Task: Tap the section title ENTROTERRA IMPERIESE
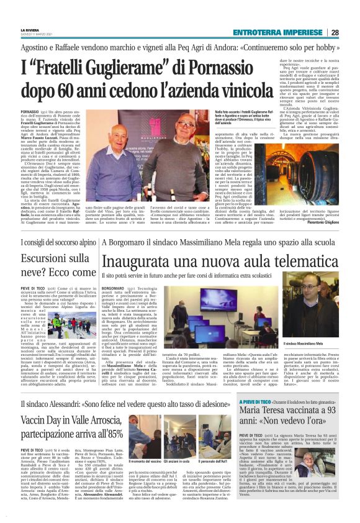(278, 32)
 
